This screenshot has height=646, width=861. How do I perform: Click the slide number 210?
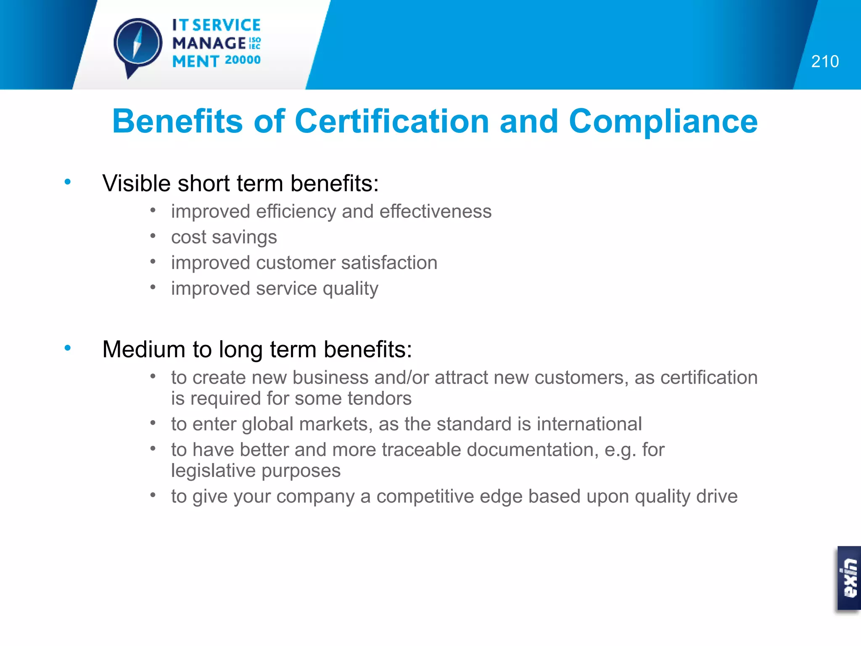click(824, 61)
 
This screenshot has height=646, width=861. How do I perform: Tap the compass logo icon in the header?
click(138, 45)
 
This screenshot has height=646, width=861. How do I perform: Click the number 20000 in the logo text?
click(243, 60)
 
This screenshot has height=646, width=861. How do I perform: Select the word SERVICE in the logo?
click(226, 25)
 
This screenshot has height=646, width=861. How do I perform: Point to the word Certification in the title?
click(391, 121)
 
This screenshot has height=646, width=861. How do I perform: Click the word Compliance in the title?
click(663, 121)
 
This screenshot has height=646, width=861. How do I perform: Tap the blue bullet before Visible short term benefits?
click(67, 182)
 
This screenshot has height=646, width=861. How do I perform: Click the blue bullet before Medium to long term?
click(67, 348)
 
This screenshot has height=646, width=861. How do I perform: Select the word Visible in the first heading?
click(136, 183)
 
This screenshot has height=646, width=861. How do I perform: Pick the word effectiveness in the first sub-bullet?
click(435, 211)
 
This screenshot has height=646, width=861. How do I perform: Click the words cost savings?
click(224, 237)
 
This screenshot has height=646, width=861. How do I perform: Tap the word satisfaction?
click(389, 263)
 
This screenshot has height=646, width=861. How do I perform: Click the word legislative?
click(213, 471)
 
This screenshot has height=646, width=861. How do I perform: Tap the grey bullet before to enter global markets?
click(153, 423)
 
